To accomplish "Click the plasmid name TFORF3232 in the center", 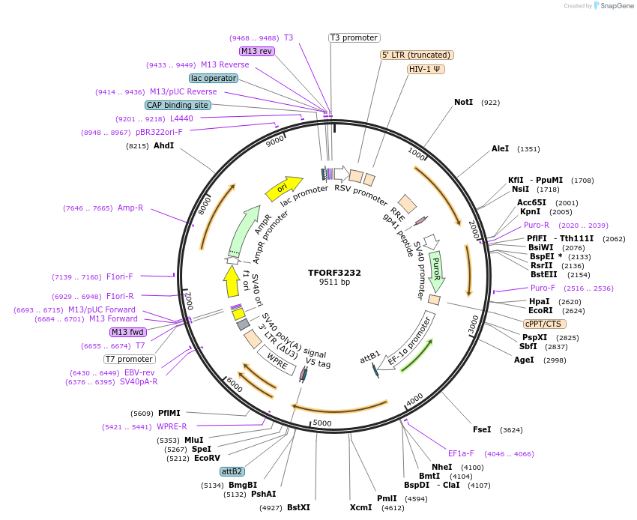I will coord(334,273).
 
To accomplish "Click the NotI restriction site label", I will coord(463,102).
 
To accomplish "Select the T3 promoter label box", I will coord(354,37).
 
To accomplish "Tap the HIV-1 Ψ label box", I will coord(426,69).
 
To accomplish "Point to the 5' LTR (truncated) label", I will coord(417,55).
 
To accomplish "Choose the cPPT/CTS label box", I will coord(544,324).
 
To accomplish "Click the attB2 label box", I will coord(232,471).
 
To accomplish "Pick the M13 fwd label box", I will coord(127,332).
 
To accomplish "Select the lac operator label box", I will coord(214,78).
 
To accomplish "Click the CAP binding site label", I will coord(178,106).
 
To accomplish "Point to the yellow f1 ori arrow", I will coord(232,282).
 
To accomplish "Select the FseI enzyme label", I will coord(482,429).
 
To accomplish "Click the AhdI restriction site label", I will coord(163,145).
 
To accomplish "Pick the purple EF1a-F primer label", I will coord(461,453).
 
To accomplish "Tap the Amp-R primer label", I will coord(130,208).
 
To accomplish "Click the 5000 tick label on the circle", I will coord(322,423).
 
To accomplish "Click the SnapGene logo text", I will coord(615,6).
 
